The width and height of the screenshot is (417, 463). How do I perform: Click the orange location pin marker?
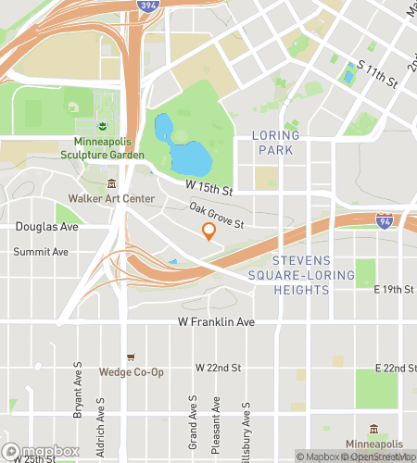pos(208,231)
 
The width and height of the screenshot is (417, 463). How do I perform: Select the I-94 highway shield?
pos(385,220)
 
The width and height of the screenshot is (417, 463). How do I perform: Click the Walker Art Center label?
pos(111,198)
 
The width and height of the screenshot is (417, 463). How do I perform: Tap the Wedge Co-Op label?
pos(131,372)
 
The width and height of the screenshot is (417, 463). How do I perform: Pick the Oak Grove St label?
pos(216,218)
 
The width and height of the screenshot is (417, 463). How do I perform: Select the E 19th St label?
pos(393,290)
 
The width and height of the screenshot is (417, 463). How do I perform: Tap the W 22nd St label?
pos(218,368)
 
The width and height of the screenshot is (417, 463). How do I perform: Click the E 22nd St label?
pos(393,368)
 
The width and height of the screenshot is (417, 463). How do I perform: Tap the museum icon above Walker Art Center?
pos(111,183)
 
